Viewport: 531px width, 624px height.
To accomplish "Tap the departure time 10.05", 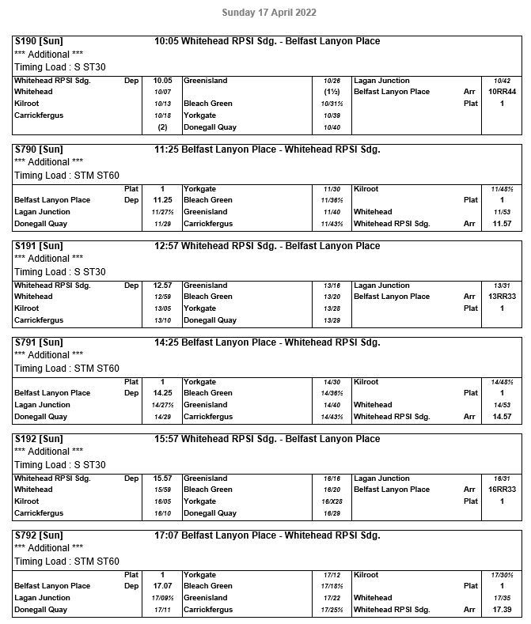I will [162, 81].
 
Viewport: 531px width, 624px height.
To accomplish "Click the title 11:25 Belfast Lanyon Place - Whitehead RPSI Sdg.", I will [267, 149].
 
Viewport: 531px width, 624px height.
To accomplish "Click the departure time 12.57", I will [162, 286].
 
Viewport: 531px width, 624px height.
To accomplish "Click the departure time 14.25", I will [162, 393].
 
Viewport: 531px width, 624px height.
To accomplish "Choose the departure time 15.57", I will [162, 478].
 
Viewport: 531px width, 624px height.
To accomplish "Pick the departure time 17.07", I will [162, 586].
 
